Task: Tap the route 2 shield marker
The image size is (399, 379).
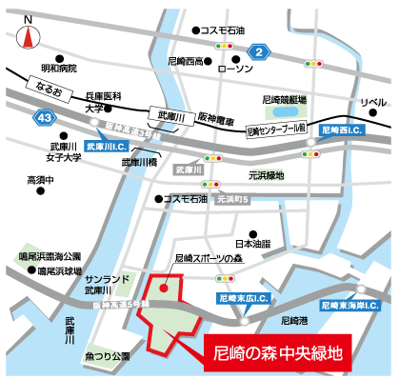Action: pos(256,51)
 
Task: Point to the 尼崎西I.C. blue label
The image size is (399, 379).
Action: pos(342,128)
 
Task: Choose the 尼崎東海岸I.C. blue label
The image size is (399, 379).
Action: pos(348,307)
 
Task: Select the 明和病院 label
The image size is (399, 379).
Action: pos(58,70)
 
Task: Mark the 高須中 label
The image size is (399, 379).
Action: pos(42,179)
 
